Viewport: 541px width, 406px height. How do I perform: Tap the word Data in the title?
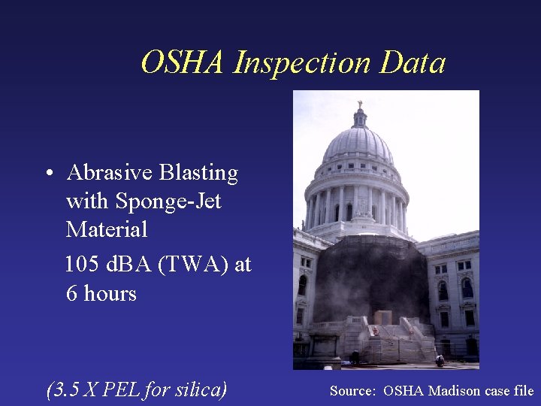coord(413,62)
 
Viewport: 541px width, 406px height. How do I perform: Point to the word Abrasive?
coord(110,173)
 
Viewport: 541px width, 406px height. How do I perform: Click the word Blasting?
coord(198,173)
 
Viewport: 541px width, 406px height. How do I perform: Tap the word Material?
coord(107,229)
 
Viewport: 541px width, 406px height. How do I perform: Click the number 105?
coord(82,265)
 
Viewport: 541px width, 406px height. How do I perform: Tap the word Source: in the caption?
coord(352,391)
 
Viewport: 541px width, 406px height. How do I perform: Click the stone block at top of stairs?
coord(383,317)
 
